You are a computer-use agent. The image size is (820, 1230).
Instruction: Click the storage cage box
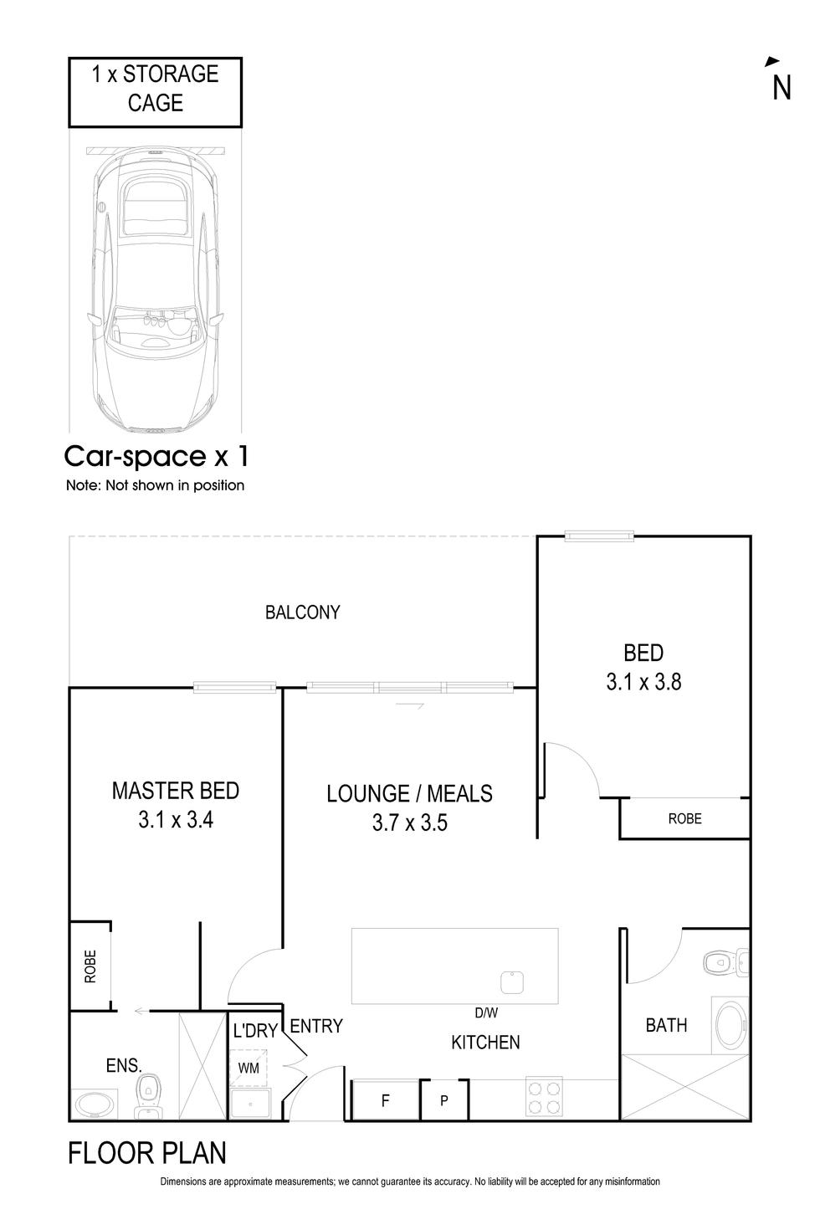(155, 91)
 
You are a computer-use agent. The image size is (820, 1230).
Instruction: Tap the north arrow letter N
(782, 88)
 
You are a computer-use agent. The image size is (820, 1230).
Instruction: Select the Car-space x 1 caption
(156, 457)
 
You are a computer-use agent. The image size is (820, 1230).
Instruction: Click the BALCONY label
(302, 612)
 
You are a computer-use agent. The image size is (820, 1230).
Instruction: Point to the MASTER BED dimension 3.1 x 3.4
(176, 820)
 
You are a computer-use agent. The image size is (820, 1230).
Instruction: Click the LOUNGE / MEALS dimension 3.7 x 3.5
(409, 823)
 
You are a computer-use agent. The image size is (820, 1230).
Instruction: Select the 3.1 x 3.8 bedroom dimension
(643, 682)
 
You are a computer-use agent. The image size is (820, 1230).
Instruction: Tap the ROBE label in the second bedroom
(684, 819)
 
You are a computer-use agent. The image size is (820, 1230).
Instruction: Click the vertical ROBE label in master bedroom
(90, 966)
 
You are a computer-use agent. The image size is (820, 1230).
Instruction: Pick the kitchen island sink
(512, 981)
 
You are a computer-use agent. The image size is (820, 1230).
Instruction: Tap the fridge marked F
(385, 1100)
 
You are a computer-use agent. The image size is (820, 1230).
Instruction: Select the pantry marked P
(444, 1100)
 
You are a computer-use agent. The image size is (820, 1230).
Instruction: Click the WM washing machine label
(249, 1068)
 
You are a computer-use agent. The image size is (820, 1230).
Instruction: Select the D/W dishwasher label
(486, 1013)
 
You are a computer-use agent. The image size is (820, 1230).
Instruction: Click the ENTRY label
(316, 1026)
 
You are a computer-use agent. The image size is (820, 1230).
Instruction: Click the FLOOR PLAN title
(147, 1154)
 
